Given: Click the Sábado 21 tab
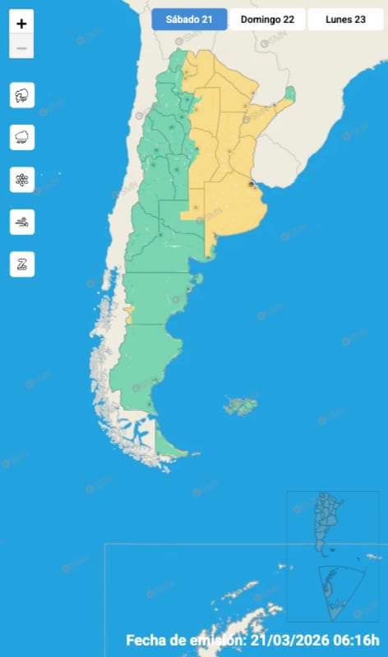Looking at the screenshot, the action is coord(189,20).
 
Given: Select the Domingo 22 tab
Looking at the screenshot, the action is coord(267,20).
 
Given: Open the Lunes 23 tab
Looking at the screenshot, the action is coord(345,20).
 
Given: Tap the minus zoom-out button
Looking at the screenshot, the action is coord(21,48).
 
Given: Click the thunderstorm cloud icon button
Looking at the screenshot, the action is coord(22,95).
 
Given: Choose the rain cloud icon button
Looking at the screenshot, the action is coord(22,137).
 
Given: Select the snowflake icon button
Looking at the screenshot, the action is coord(22,179).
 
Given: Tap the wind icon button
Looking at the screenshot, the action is coord(22,222).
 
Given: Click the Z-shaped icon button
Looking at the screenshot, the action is coord(22,264).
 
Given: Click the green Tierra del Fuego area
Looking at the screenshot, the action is coord(169,447).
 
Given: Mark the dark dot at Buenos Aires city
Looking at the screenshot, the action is coord(252,186).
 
